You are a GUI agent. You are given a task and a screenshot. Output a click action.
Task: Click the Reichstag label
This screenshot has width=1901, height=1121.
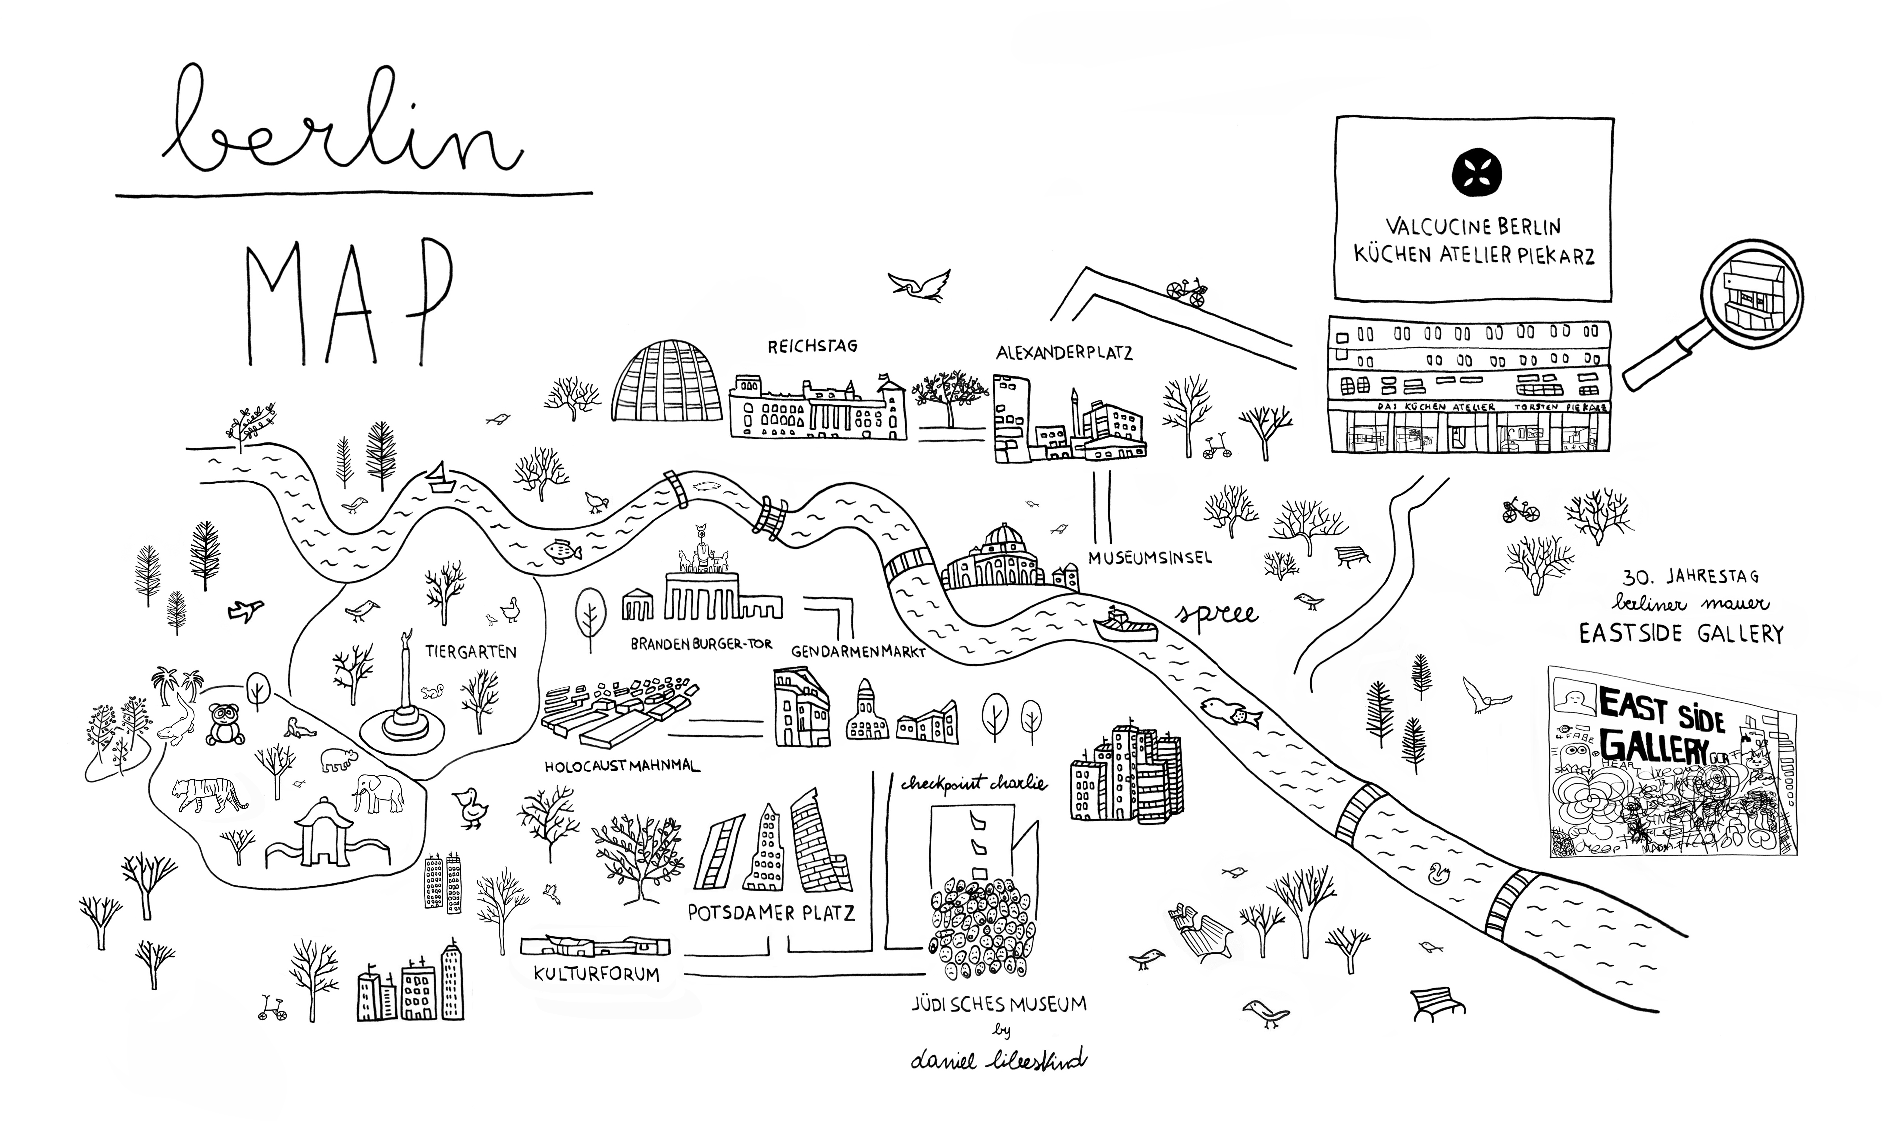pos(812,347)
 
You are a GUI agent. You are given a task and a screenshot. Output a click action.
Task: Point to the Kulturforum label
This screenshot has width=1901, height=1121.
pos(597,974)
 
